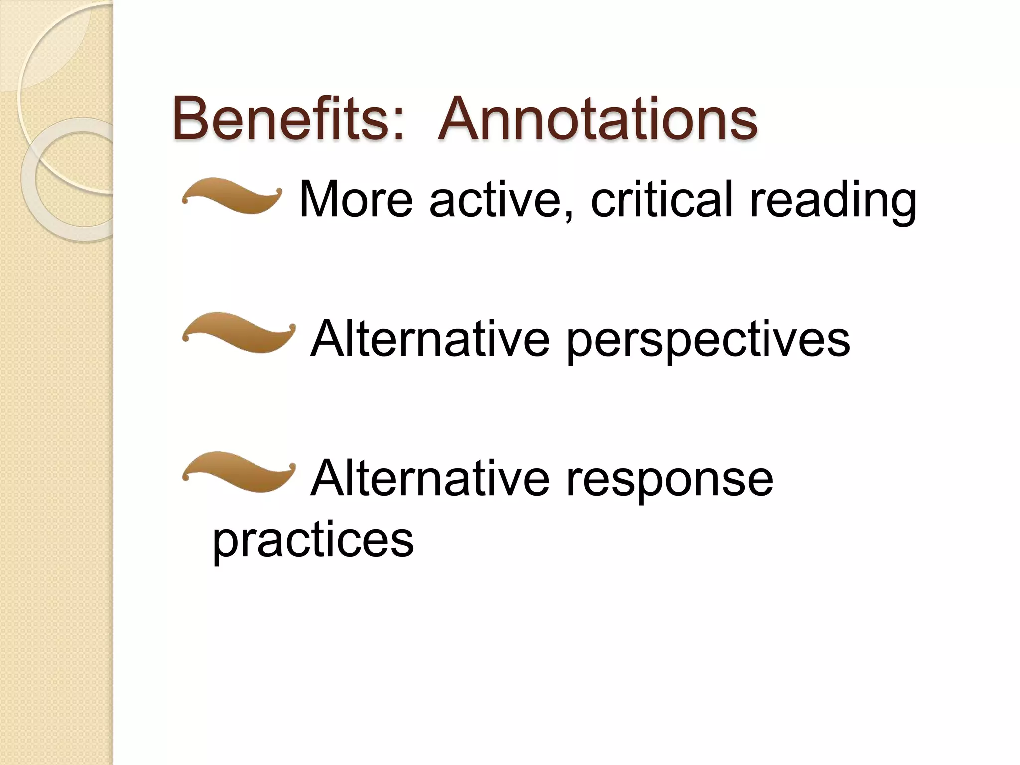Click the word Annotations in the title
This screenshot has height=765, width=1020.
coord(597,119)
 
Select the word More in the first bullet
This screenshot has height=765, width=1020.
coord(356,199)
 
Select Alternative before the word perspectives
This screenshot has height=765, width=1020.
coord(430,339)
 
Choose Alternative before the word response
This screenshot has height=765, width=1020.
coord(430,478)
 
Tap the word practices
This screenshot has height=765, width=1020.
coord(313,540)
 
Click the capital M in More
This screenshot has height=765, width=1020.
coord(318,199)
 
